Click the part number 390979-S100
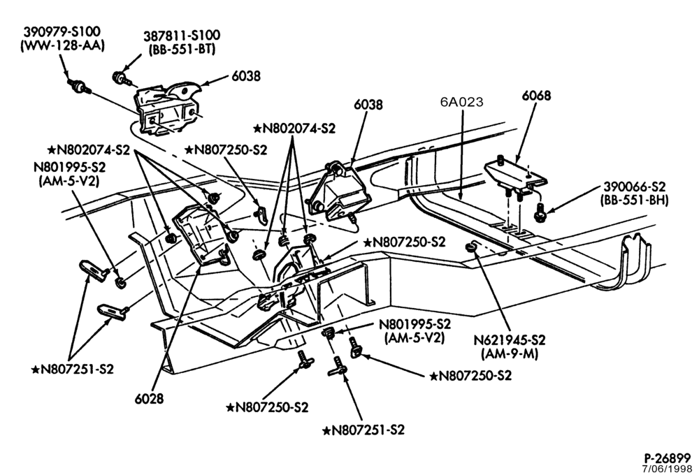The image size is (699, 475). [x=62, y=32]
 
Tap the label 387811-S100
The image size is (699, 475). [x=182, y=35]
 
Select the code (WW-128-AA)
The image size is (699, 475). [x=62, y=46]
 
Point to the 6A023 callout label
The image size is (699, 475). [x=461, y=102]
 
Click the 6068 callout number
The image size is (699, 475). [x=536, y=96]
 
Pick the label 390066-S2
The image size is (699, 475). [x=635, y=187]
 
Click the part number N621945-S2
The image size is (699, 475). [x=509, y=340]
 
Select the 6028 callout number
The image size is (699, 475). [x=149, y=398]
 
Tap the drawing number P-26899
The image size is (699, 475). [x=667, y=458]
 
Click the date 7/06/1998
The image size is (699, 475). [x=667, y=469]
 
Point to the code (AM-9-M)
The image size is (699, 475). [x=510, y=354]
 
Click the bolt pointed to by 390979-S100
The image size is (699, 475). [x=80, y=86]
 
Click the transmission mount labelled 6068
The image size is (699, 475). [x=515, y=176]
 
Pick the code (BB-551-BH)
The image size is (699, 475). [x=635, y=200]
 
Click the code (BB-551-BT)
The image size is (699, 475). [x=182, y=49]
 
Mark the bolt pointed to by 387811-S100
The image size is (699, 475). [x=120, y=78]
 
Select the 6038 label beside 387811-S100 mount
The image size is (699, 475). [x=246, y=76]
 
